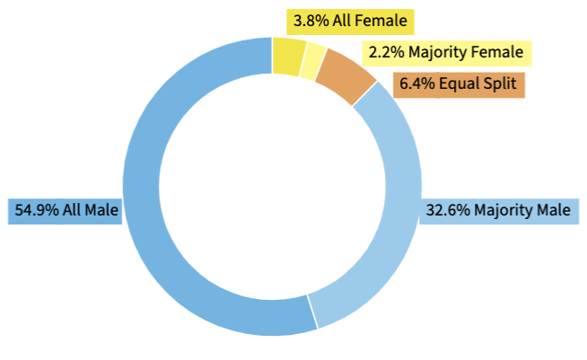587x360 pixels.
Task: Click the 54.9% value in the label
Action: (x=36, y=209)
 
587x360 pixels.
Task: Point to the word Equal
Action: (x=458, y=85)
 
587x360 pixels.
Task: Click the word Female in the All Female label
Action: (x=382, y=20)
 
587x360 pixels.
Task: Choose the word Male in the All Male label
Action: (x=102, y=209)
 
